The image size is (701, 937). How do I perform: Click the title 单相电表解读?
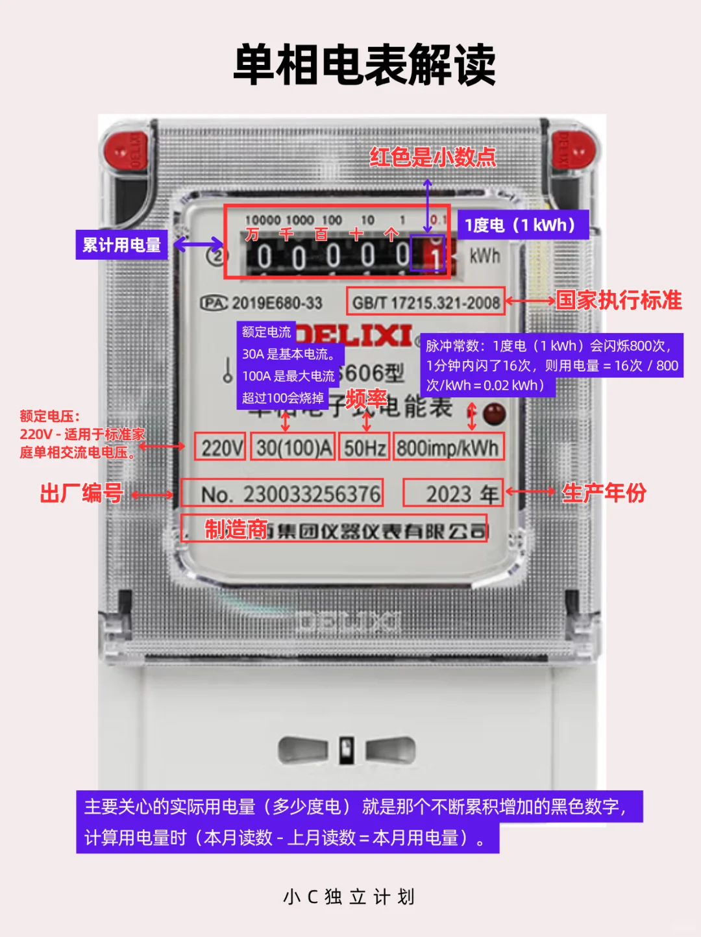pyautogui.click(x=364, y=65)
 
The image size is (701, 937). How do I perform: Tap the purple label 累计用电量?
pyautogui.click(x=121, y=245)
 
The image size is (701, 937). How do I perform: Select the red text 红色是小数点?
pyautogui.click(x=432, y=157)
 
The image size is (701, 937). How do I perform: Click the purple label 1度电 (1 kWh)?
pyautogui.click(x=523, y=225)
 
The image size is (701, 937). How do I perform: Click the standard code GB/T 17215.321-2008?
pyautogui.click(x=426, y=302)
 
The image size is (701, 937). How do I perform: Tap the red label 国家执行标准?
pyautogui.click(x=619, y=300)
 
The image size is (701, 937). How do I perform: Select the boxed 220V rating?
pyautogui.click(x=221, y=447)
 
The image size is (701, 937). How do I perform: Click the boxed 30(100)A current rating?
pyautogui.click(x=293, y=447)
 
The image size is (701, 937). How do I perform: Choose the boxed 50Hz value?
pyautogui.click(x=365, y=447)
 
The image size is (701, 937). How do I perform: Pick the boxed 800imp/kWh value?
pyautogui.click(x=448, y=447)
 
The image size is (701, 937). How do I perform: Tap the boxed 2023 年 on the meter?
pyautogui.click(x=454, y=493)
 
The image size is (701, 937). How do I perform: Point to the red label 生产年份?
pyautogui.click(x=604, y=493)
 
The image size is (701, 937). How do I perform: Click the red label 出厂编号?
pyautogui.click(x=82, y=493)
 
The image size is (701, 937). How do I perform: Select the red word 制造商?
pyautogui.click(x=236, y=530)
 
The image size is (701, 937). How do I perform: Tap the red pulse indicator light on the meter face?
pyautogui.click(x=495, y=413)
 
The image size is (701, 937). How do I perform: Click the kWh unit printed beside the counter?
pyautogui.click(x=485, y=256)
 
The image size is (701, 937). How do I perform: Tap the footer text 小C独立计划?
pyautogui.click(x=349, y=897)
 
